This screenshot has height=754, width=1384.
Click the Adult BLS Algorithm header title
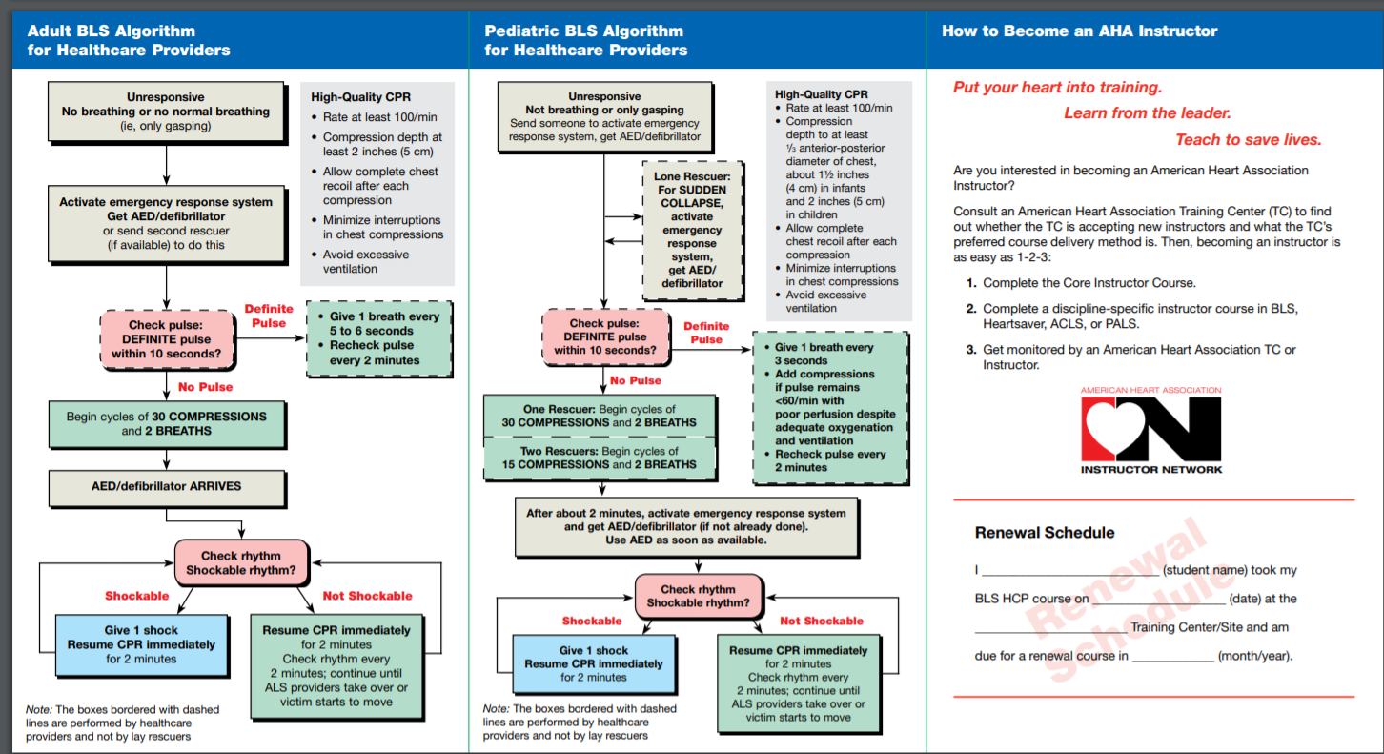click(x=129, y=40)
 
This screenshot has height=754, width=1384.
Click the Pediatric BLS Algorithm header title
click(x=585, y=40)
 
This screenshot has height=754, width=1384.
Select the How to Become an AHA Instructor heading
click(x=1079, y=31)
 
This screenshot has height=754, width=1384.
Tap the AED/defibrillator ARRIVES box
click(x=167, y=486)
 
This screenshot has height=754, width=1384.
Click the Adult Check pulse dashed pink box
click(x=168, y=340)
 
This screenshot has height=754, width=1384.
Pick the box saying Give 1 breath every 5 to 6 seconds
click(x=378, y=338)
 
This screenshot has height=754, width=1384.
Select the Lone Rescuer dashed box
click(x=692, y=230)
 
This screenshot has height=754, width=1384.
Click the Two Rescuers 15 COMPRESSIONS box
click(x=599, y=459)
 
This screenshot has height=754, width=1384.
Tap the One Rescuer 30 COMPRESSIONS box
click(x=599, y=417)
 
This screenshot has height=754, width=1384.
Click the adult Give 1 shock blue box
click(x=141, y=644)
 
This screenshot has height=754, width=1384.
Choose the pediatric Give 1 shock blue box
click(x=593, y=663)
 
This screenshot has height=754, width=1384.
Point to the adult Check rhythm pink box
click(x=241, y=563)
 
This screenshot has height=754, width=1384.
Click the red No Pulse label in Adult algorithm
click(x=205, y=387)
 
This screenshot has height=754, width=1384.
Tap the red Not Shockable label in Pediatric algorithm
click(x=821, y=621)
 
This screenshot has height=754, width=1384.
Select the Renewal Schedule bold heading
click(x=1044, y=533)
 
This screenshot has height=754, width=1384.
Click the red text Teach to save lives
click(x=1248, y=140)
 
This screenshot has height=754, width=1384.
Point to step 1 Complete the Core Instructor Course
click(x=1089, y=283)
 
